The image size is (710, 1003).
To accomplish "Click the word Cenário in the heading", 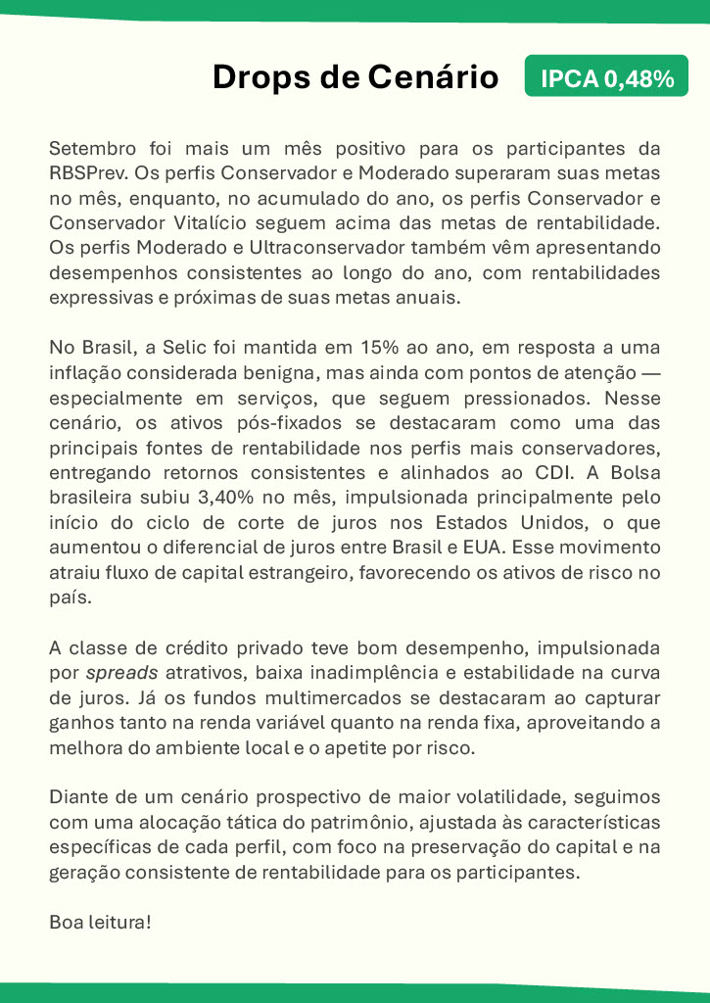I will coord(433,77).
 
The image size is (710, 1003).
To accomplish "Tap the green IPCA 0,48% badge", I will coord(607,77).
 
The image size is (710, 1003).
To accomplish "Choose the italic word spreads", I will coord(119,673).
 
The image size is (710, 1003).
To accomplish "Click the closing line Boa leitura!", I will coord(100,923).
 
